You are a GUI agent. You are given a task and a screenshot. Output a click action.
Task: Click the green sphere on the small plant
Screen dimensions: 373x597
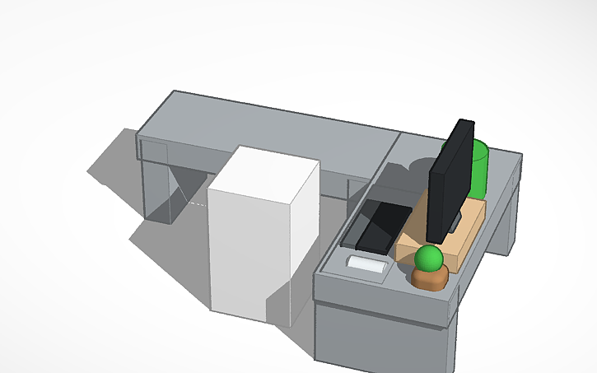coord(428,259)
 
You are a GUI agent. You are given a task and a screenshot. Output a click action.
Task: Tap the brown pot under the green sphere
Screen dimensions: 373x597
coord(431,279)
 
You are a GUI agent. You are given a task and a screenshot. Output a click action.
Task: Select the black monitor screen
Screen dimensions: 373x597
coord(449,185)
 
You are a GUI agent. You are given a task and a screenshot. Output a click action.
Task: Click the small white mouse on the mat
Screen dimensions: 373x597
coord(367,264)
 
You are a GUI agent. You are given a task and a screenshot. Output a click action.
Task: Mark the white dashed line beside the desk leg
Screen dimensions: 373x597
coord(196,202)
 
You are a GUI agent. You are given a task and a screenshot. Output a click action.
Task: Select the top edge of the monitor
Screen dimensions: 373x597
coord(464,122)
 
